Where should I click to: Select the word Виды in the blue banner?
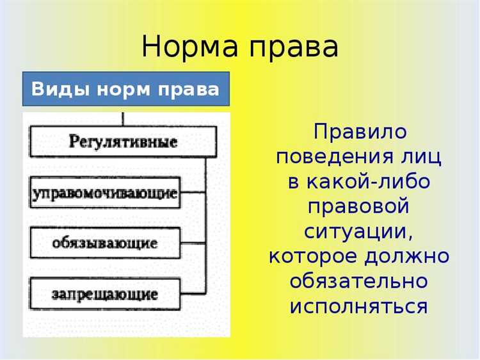[52, 89]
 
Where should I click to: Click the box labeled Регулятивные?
[123, 142]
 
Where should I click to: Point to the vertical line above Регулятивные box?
[123, 119]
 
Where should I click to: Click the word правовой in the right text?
[358, 208]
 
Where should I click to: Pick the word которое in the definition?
[312, 257]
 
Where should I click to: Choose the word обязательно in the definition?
[358, 282]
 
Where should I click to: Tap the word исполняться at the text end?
[358, 307]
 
